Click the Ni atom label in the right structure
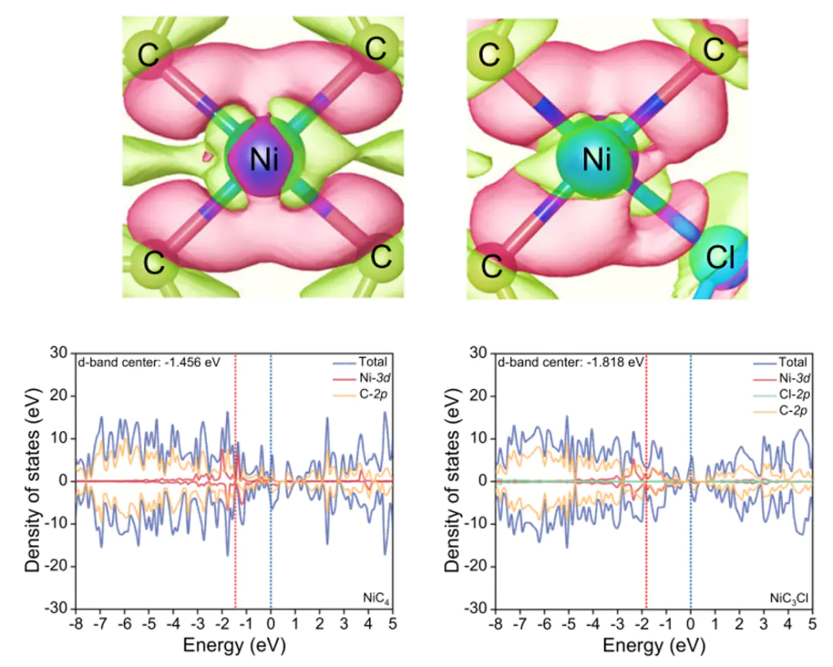click(x=596, y=160)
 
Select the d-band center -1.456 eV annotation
click(x=147, y=361)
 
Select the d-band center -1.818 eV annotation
click(x=570, y=361)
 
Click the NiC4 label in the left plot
click(x=373, y=597)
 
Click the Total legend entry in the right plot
click(x=787, y=362)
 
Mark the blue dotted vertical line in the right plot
click(x=690, y=540)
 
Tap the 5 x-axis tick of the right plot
click(x=812, y=623)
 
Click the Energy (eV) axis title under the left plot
click(x=234, y=644)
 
